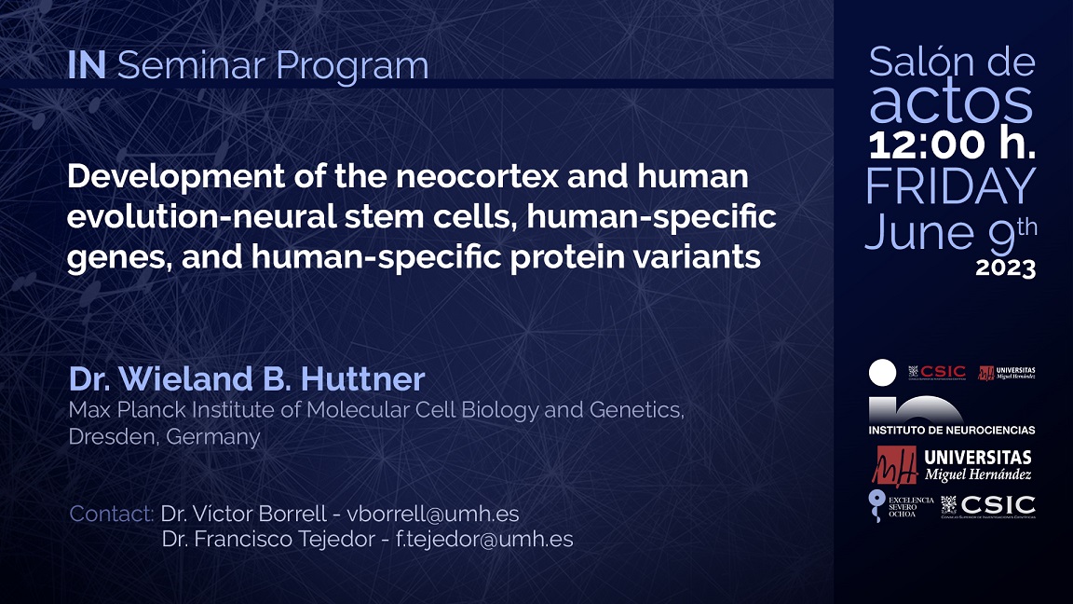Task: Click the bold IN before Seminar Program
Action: (x=86, y=65)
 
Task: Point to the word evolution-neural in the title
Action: (x=185, y=217)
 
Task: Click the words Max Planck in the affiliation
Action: (x=115, y=410)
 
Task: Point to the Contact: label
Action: (x=111, y=514)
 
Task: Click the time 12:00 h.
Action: (x=951, y=144)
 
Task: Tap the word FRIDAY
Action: (x=950, y=186)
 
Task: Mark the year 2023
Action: (x=1005, y=268)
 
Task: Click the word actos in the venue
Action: (x=950, y=103)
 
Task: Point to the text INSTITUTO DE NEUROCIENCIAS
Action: (x=951, y=430)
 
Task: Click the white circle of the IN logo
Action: (x=882, y=373)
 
